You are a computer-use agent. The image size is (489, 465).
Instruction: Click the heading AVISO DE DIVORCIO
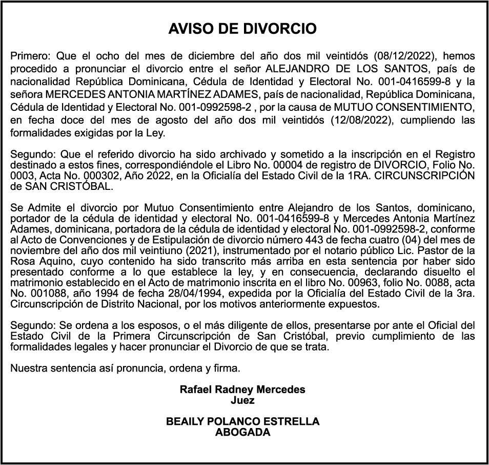pos(242,29)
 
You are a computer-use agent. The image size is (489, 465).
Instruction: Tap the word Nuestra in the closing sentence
pos(28,367)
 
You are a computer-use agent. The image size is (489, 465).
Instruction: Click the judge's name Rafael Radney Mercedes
pos(242,390)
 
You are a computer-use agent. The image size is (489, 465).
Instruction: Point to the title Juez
pos(242,400)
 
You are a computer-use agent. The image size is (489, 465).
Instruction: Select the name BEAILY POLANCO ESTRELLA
pos(242,421)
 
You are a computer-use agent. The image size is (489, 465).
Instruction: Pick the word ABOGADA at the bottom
pos(242,432)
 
